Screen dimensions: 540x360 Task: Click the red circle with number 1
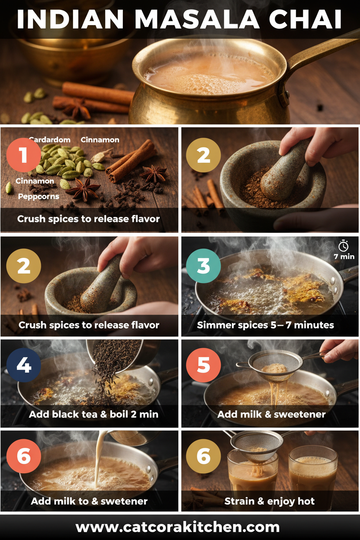tap(24, 155)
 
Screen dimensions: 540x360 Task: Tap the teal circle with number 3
tap(203, 266)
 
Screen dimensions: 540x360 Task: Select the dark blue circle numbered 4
tap(24, 366)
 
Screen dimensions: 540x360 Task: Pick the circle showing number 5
tap(203, 366)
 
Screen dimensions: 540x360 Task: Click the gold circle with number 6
tap(203, 456)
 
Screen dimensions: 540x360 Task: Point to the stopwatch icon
tap(344, 246)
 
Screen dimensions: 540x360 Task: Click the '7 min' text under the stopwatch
tap(344, 257)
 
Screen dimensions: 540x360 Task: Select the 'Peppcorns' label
tap(39, 196)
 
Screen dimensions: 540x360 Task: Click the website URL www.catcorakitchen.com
tap(177, 527)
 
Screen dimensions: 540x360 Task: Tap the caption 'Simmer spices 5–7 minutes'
tap(265, 325)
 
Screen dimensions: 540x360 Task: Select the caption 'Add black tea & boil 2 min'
tap(93, 415)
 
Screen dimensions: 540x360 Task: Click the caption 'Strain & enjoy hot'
tap(269, 502)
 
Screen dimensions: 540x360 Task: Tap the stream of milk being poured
tap(99, 459)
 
